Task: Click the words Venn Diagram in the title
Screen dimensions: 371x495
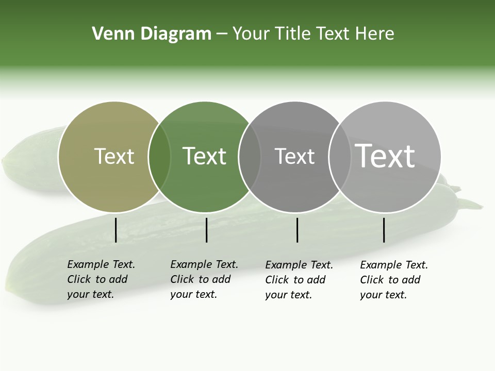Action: coord(152,34)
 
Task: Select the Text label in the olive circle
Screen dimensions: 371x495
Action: coord(114,156)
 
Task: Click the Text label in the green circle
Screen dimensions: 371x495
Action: coord(204,156)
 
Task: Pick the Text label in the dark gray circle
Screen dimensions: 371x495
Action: coord(294,156)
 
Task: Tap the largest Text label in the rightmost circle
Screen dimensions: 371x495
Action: coord(385,156)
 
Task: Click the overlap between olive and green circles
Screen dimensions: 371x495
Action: coord(159,157)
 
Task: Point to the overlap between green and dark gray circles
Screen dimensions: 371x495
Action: coord(250,157)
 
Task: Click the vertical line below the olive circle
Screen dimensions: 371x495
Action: coord(115,230)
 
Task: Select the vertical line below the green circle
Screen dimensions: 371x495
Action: coord(206,230)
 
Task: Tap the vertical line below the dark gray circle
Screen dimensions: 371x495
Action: coord(297,230)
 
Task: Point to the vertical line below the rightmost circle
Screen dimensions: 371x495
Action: coord(384,230)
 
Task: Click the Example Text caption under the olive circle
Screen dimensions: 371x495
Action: coord(101,279)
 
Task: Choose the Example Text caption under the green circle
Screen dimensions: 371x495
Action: coord(204,279)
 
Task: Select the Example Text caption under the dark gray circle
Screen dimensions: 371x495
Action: coord(299,280)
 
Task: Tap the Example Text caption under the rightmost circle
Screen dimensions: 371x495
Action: coord(393,280)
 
